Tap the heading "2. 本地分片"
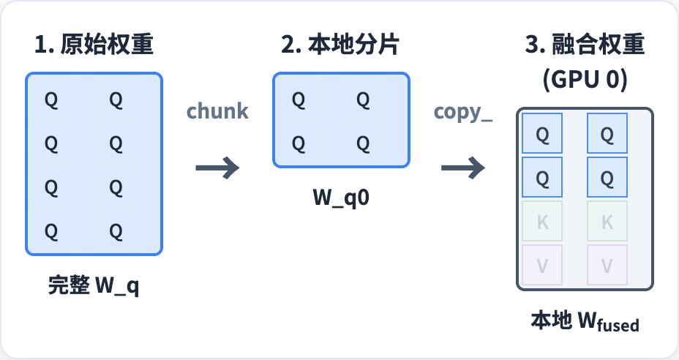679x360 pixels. coord(340,45)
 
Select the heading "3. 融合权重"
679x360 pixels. coord(585,45)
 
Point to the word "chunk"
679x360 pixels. coord(217,111)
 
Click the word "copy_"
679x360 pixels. coord(463,111)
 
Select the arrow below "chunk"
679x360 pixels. coord(217,168)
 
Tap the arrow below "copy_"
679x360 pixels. coord(463,168)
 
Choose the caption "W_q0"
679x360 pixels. coord(340,198)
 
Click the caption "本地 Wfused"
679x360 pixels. coord(585,321)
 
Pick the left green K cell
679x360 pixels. coord(542,222)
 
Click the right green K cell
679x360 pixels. coord(607,222)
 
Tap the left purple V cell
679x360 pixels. coord(542,265)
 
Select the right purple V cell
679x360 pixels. coord(607,265)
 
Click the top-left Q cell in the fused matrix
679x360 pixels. coord(542,134)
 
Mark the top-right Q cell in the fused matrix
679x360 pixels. coord(607,134)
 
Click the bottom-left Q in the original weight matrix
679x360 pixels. coord(51,231)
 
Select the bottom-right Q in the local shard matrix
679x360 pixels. coord(363,143)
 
